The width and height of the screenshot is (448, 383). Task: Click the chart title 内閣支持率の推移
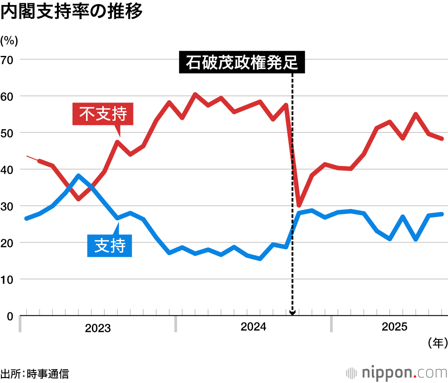pos(71,12)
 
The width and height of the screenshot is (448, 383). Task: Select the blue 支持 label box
pos(110,245)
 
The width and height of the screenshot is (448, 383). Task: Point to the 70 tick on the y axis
pos(9,60)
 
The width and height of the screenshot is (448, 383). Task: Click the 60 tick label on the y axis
pos(9,96)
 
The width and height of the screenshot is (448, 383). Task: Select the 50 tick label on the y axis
pos(9,133)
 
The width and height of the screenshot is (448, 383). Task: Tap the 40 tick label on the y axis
pos(9,170)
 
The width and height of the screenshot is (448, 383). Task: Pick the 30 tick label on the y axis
pos(9,206)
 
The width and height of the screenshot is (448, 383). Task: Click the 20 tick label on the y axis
pos(9,243)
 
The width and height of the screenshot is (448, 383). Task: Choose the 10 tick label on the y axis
pos(9,280)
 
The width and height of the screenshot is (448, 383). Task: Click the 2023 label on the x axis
pos(98,328)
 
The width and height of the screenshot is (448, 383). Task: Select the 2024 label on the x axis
pos(253,327)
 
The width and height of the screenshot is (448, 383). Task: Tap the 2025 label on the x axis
pos(394,327)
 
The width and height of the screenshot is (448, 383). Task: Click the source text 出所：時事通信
pos(35,374)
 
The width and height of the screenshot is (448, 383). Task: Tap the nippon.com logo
pos(396,373)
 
